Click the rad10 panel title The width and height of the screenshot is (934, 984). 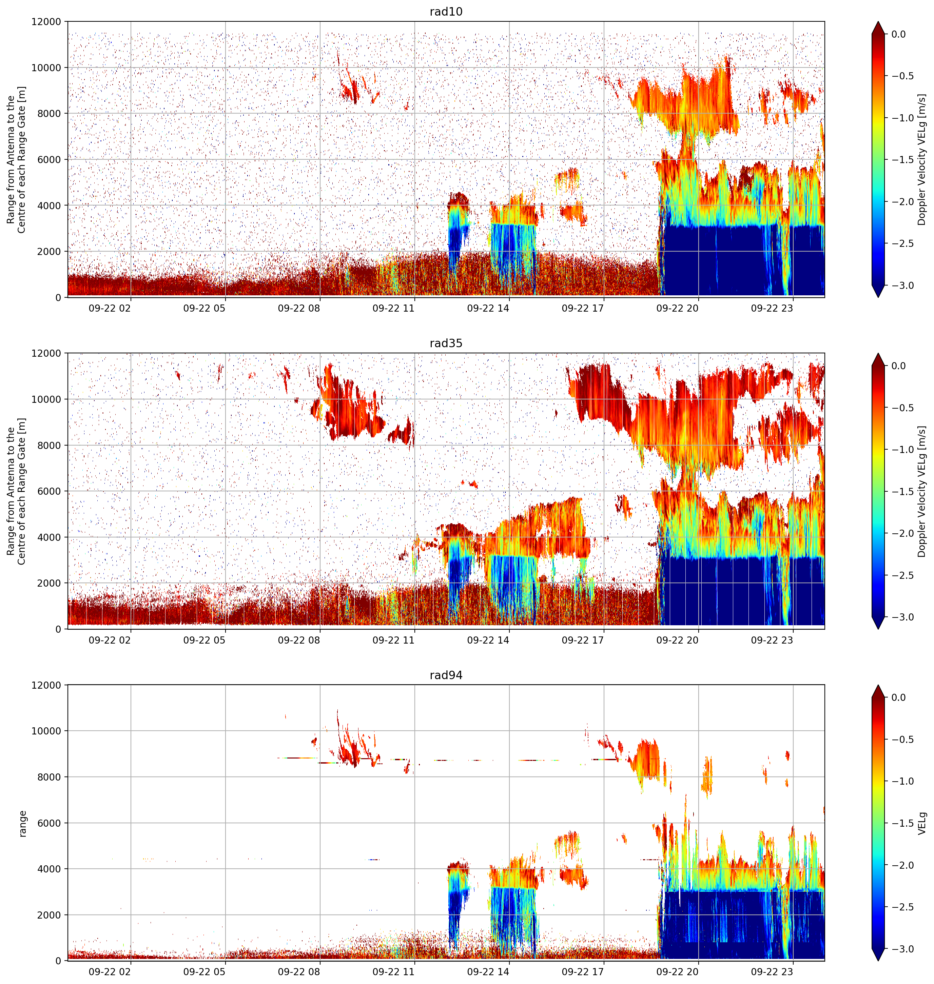(x=446, y=12)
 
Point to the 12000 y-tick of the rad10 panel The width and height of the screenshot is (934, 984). (x=46, y=22)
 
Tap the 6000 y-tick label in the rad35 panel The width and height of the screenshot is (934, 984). (x=49, y=491)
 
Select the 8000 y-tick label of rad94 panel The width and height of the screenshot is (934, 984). (x=49, y=777)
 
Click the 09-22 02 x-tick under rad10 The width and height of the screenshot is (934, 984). (x=110, y=308)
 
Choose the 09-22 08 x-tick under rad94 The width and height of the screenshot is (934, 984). (x=299, y=971)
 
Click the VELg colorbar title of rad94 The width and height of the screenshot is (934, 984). (x=922, y=823)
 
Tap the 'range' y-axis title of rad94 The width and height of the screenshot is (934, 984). (x=22, y=824)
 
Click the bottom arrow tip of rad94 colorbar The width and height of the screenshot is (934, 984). (x=878, y=961)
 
